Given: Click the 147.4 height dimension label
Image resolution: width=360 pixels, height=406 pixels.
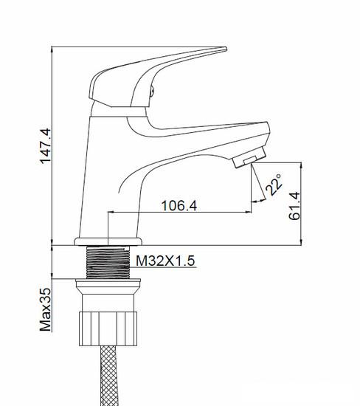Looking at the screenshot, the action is click(x=46, y=146).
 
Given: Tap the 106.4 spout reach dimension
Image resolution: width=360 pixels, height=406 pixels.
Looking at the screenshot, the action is click(x=179, y=206).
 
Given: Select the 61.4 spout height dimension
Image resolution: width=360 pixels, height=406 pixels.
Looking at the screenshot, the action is click(x=295, y=206).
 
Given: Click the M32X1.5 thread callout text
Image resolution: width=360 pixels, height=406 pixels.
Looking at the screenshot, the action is click(x=165, y=261).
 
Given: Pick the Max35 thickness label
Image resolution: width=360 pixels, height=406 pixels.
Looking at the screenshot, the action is click(x=46, y=309).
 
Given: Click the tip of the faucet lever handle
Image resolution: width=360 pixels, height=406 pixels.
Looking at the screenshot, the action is click(x=226, y=49).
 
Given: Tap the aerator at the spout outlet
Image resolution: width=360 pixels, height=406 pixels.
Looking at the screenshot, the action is click(x=249, y=157).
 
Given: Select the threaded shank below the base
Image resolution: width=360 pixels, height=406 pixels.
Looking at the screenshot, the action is click(x=108, y=263).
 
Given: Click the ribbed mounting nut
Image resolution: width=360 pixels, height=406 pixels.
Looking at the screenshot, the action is click(x=108, y=328).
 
